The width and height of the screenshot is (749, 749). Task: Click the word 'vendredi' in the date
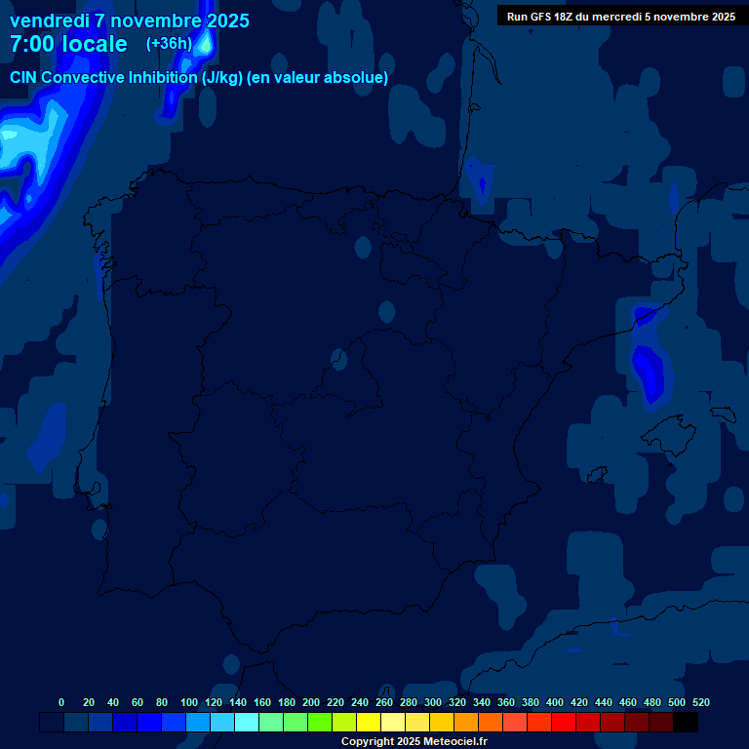50,20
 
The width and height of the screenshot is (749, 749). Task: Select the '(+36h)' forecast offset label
169,44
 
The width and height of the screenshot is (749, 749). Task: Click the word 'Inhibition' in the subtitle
179,78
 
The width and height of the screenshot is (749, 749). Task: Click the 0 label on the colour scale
61,703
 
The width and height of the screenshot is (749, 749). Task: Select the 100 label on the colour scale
189,703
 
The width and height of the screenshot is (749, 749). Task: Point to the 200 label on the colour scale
311,703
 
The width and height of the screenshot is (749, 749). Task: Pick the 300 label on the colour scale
433,703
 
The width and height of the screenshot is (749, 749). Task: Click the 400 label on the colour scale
555,703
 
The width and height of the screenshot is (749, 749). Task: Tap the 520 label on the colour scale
700,703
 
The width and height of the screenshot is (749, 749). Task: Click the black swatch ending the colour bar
686,723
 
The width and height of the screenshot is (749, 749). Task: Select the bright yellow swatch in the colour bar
369,723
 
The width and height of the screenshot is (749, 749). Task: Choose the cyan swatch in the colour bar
247,723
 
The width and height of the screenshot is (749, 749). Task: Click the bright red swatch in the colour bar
564,723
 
